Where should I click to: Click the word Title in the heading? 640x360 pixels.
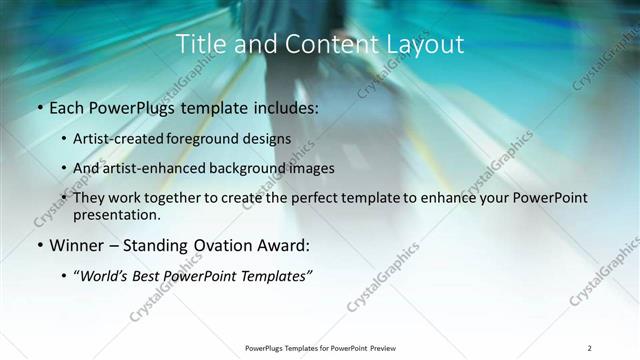200,44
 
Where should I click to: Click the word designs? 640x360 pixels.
270,139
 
